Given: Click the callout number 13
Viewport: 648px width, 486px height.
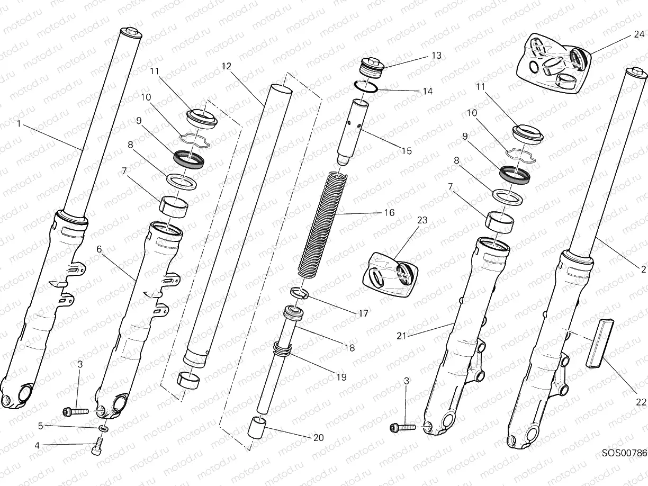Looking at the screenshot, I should [436, 55].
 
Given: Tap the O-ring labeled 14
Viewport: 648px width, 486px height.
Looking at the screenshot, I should [365, 86].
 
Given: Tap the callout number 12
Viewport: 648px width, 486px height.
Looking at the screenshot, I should [227, 66].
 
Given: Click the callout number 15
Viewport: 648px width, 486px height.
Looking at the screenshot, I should [406, 151].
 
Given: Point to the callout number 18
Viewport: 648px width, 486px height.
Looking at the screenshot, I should [350, 348].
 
